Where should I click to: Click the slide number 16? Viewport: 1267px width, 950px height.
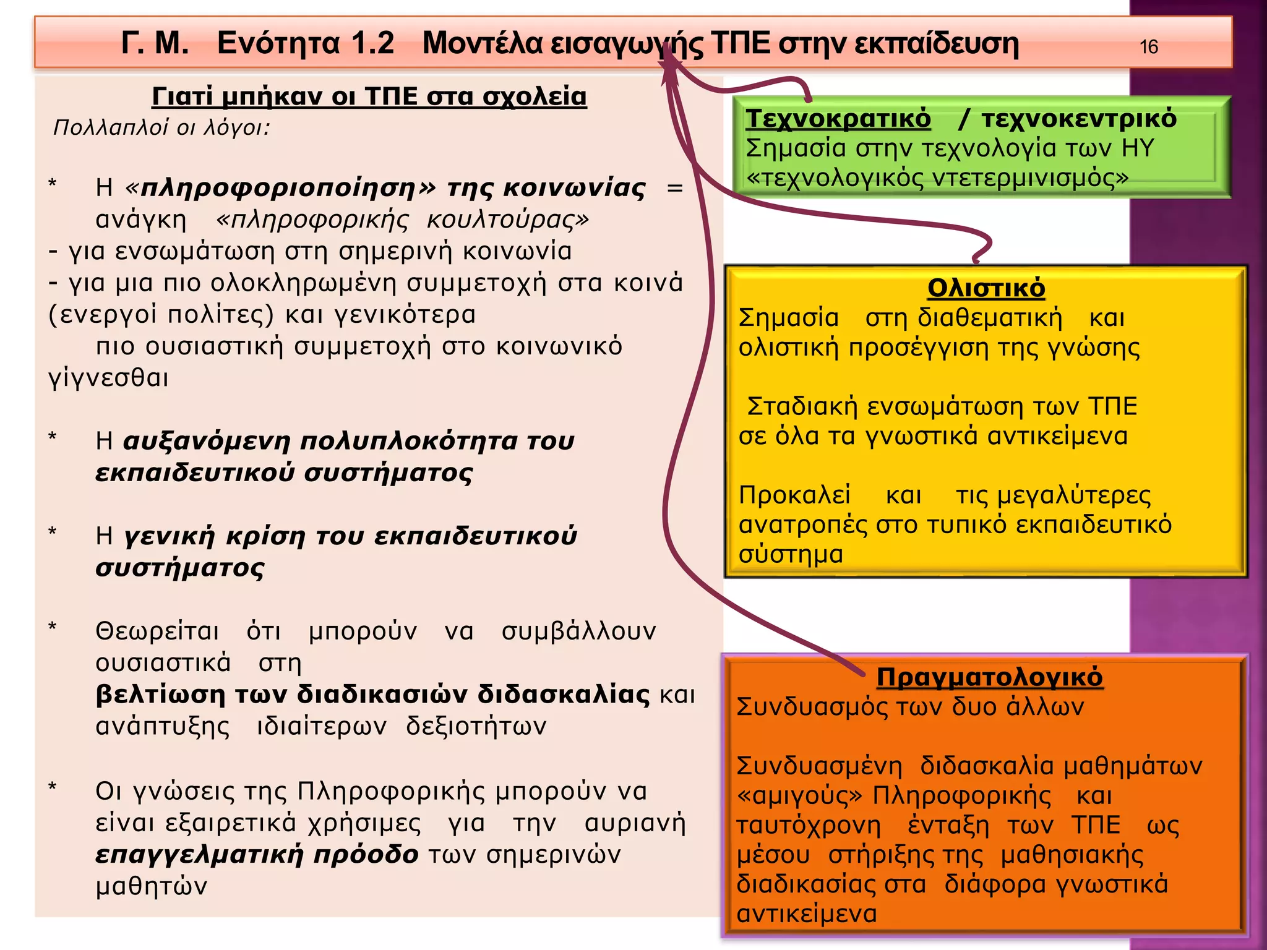point(1148,47)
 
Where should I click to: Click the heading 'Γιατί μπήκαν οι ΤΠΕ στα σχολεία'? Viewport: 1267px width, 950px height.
point(369,96)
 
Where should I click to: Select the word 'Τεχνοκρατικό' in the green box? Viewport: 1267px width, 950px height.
point(838,118)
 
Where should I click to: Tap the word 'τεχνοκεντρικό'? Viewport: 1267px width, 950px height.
point(1079,118)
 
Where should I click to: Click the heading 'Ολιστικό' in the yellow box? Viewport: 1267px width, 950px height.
point(986,288)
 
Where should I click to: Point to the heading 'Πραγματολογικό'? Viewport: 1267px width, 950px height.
point(989,677)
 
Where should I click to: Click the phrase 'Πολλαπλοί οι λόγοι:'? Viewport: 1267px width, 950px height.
point(162,127)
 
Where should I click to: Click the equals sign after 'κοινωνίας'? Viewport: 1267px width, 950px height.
point(675,187)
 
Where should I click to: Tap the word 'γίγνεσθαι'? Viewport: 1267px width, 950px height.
point(108,377)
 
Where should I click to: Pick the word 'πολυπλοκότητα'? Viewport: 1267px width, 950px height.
point(408,441)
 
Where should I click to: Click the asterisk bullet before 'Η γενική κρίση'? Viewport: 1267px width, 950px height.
point(53,533)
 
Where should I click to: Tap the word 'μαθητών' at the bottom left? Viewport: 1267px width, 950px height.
point(152,886)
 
